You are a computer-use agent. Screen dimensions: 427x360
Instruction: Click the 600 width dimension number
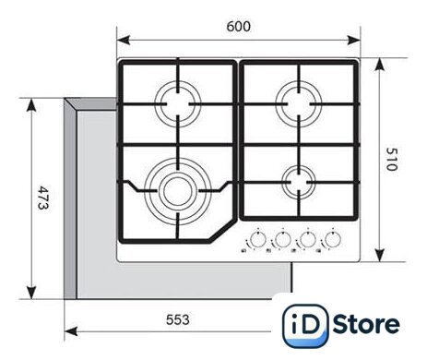pyautogui.click(x=238, y=27)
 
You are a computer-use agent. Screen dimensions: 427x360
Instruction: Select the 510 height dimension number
pyautogui.click(x=392, y=160)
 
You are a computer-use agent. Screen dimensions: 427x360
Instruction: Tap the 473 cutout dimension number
pyautogui.click(x=42, y=198)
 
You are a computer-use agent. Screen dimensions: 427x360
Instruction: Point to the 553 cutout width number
pyautogui.click(x=178, y=319)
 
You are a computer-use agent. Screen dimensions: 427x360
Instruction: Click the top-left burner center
pyautogui.click(x=178, y=104)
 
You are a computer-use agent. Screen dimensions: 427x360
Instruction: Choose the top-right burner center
pyautogui.click(x=299, y=104)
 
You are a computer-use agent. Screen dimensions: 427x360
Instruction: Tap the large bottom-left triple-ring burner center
pyautogui.click(x=178, y=191)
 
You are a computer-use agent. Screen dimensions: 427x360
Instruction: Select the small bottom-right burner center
pyautogui.click(x=299, y=183)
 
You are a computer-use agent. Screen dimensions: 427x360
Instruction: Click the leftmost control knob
pyautogui.click(x=258, y=240)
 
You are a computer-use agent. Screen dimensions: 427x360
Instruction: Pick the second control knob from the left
pyautogui.click(x=283, y=240)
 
